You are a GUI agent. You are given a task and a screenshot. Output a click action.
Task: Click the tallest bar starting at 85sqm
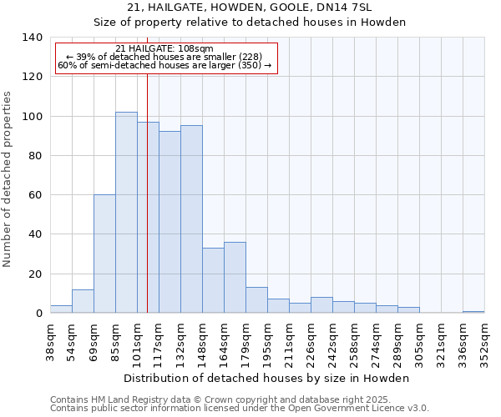(x=126, y=213)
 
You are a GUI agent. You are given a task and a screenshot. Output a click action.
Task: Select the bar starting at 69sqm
(x=104, y=254)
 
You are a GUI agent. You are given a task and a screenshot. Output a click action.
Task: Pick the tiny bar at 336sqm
(x=473, y=312)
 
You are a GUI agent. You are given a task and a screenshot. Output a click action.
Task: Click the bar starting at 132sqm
(x=191, y=219)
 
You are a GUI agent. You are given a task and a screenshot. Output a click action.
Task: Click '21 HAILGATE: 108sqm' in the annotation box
(x=164, y=48)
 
